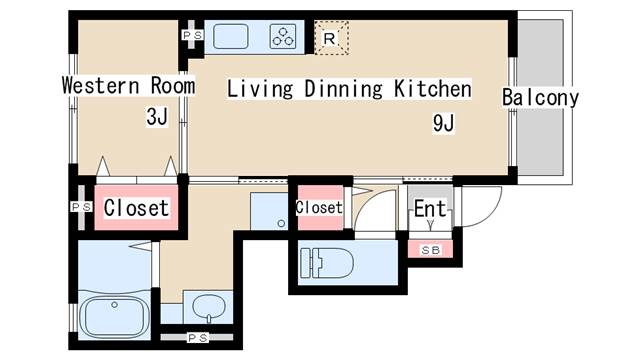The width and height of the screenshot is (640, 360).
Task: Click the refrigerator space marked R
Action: point(331,38)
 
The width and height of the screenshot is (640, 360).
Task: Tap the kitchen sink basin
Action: point(231,37)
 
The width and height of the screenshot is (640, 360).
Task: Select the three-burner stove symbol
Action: point(282,37)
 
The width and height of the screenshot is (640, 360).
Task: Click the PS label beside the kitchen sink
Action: point(193,36)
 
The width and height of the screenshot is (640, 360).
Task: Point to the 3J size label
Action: point(157,117)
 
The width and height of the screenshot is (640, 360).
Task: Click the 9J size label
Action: point(443,122)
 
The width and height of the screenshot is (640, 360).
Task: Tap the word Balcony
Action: point(540,98)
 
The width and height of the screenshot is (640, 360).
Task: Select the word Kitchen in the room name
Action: point(433,89)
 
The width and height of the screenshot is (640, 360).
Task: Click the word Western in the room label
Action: point(101,85)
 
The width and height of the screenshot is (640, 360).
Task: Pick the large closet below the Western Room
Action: point(136,207)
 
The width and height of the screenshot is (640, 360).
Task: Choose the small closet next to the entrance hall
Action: point(320,207)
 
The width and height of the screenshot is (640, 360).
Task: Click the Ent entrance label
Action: point(430,209)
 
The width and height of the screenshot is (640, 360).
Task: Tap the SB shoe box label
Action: point(430,250)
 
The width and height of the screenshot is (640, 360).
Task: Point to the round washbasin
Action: point(209,307)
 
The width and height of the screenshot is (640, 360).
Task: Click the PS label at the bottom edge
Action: point(198,338)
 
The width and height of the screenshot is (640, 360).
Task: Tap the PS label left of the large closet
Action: point(82,207)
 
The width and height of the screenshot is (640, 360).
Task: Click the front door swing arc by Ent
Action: point(489,213)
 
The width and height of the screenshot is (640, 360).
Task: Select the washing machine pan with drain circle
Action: point(269,211)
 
